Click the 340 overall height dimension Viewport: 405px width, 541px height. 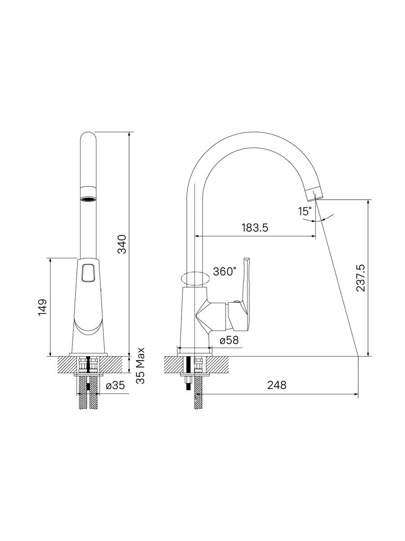click(121, 244)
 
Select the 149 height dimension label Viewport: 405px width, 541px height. click(42, 307)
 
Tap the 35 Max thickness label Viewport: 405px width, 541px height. click(141, 366)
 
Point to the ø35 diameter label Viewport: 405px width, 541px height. click(115, 385)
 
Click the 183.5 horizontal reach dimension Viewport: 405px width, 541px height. click(255, 228)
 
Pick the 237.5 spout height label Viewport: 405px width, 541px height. click(361, 278)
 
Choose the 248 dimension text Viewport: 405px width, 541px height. click(277, 385)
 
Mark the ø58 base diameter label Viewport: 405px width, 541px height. click(229, 340)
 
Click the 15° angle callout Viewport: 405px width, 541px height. click(305, 211)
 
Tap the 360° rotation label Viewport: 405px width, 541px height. click(225, 271)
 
